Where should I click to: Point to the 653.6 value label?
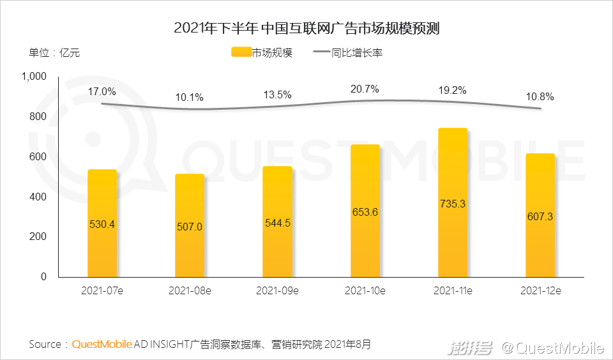(x=365, y=212)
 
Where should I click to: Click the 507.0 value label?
(x=190, y=226)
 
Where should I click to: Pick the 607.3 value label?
(x=540, y=216)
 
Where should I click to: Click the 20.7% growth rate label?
(x=365, y=89)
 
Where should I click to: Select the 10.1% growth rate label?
(x=190, y=98)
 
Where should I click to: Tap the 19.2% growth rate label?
(x=453, y=90)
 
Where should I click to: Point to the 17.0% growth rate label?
(x=102, y=91)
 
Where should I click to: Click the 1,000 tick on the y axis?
(x=34, y=77)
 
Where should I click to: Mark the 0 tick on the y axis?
(x=44, y=276)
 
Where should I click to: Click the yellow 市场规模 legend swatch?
(x=241, y=53)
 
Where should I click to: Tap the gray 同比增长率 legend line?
(x=321, y=53)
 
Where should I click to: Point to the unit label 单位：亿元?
(x=54, y=53)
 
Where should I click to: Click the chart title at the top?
(x=306, y=28)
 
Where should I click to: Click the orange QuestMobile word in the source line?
(x=102, y=345)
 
